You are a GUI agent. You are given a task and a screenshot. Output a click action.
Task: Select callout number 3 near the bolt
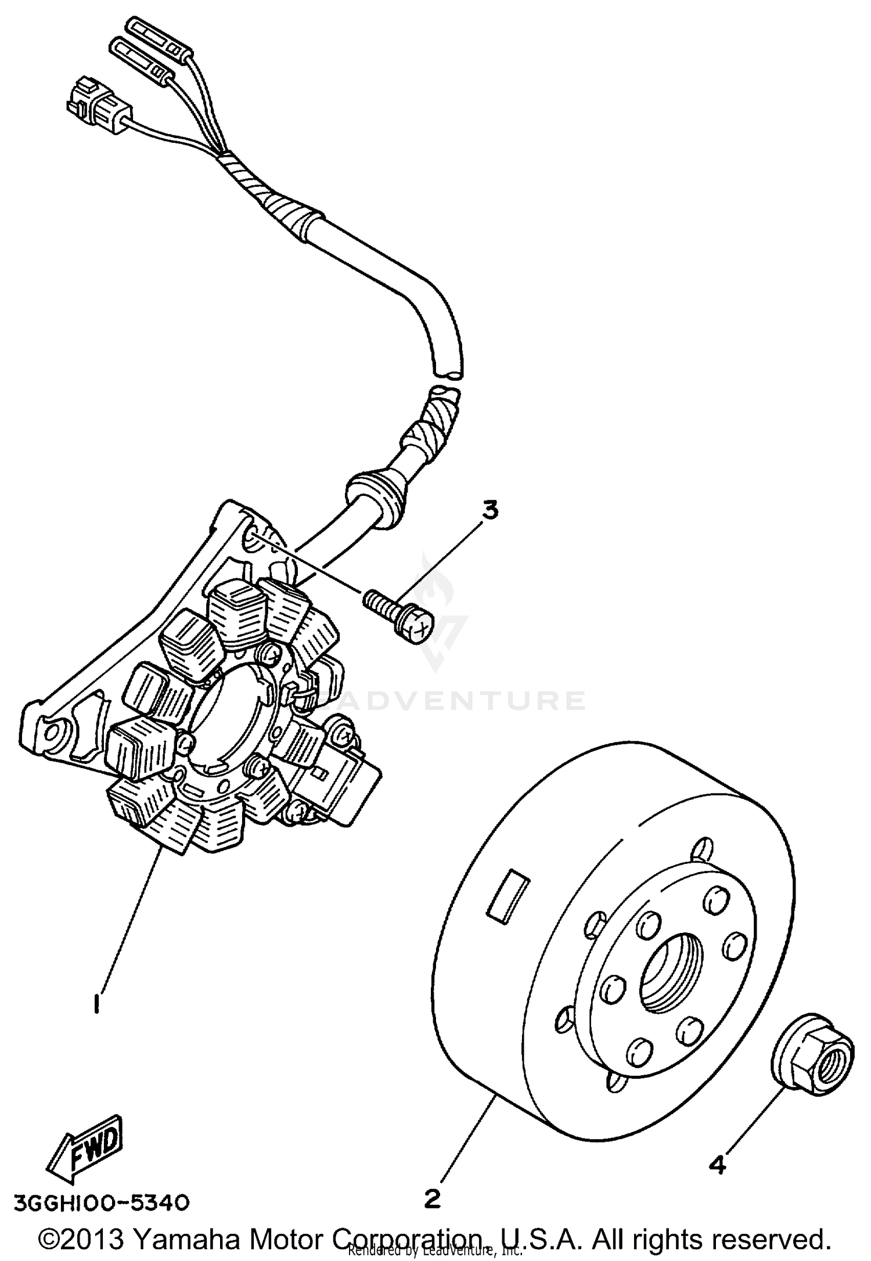(x=490, y=511)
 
